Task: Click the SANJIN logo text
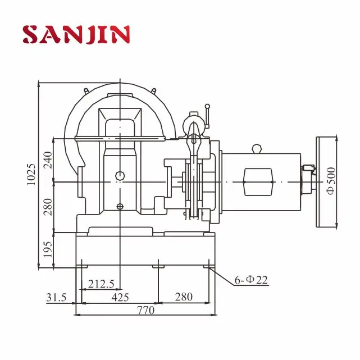pos(76,34)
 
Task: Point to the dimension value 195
pos(47,247)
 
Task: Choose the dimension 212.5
pos(102,284)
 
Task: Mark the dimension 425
pos(119,297)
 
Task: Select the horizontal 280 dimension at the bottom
pos(183,297)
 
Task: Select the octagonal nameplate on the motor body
pos(258,182)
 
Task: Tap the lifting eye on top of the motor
pos(257,148)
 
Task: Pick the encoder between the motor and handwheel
pos(308,168)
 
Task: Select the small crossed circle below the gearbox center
pos(119,207)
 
